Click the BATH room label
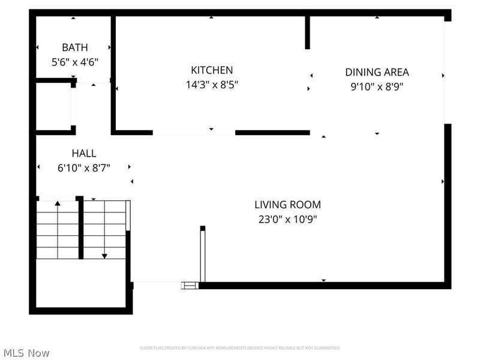click(74, 47)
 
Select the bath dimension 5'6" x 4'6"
click(74, 61)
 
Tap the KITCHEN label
click(212, 70)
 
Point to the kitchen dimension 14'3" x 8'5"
click(212, 85)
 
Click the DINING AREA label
click(377, 72)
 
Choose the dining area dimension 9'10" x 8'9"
click(377, 86)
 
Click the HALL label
click(84, 154)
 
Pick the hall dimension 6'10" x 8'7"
click(84, 168)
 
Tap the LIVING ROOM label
click(287, 205)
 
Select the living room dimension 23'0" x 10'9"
click(287, 219)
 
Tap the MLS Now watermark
click(26, 353)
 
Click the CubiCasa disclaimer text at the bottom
click(240, 348)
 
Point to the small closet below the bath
click(53, 106)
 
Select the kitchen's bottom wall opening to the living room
click(193, 133)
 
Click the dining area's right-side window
click(446, 72)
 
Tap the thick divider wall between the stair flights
click(81, 228)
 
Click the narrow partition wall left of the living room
click(203, 255)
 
